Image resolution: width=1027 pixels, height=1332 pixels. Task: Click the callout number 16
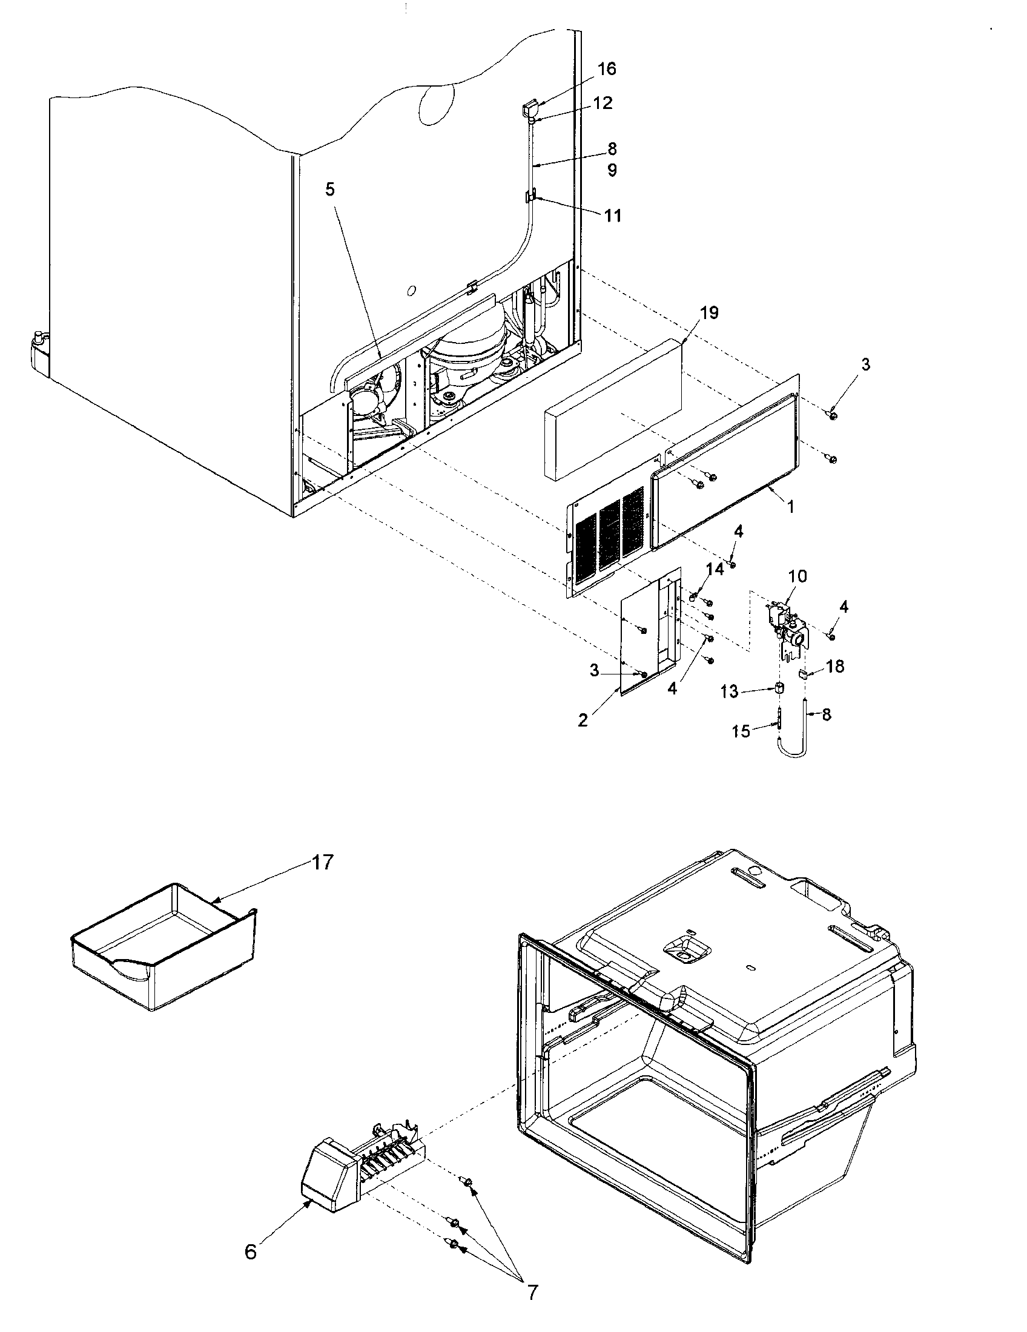click(x=606, y=69)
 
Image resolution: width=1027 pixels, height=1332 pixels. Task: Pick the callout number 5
click(x=329, y=190)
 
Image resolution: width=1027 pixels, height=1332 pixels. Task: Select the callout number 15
click(x=741, y=731)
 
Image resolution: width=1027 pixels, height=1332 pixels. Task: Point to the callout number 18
click(x=835, y=666)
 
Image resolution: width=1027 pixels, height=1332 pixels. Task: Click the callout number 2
click(x=583, y=720)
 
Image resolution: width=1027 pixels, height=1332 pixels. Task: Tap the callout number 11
click(x=613, y=216)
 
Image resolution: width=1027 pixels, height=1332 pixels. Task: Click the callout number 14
click(x=715, y=569)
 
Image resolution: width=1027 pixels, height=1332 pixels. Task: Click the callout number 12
click(x=602, y=103)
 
